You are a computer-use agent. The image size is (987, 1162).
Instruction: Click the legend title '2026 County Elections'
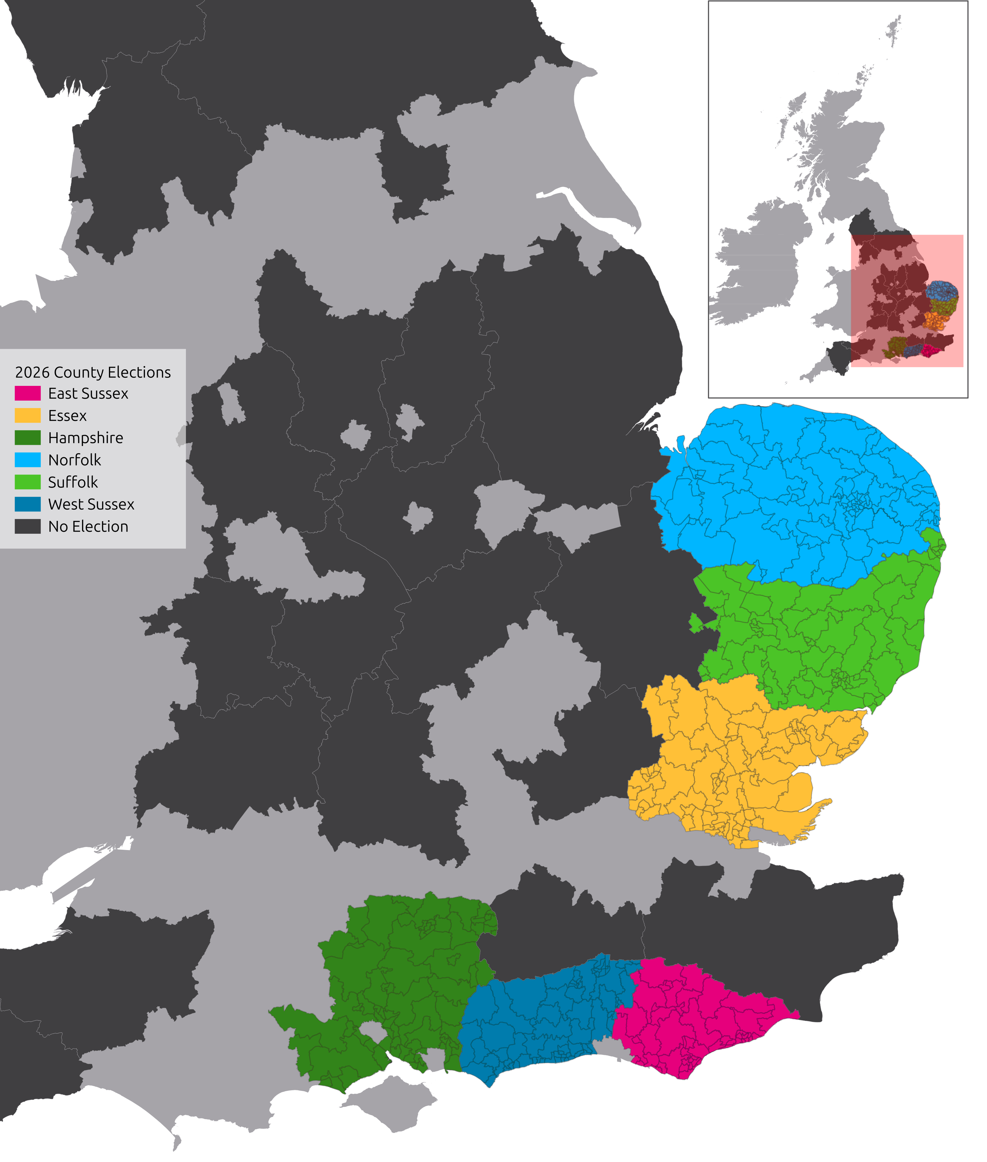[93, 372]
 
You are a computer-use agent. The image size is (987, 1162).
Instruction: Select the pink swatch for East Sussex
[28, 393]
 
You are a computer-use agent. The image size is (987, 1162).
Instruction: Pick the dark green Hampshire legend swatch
[28, 438]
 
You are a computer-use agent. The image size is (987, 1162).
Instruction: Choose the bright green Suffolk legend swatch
[28, 482]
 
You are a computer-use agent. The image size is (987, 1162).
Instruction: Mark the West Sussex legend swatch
[28, 504]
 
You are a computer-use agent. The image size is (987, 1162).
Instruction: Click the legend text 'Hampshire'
[85, 438]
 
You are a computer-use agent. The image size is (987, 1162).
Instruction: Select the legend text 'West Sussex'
[91, 504]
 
